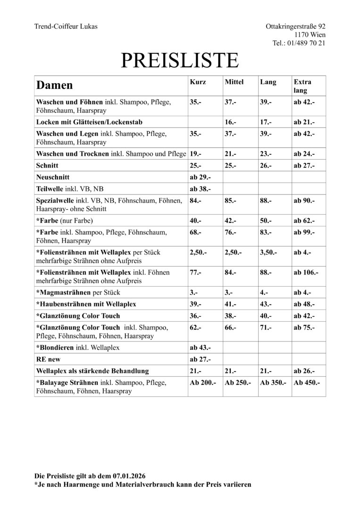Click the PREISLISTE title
(x=180, y=61)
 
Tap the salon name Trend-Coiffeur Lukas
(x=66, y=26)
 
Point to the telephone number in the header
(x=299, y=43)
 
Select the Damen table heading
(x=55, y=85)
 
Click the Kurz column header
(x=198, y=82)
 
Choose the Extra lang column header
(x=302, y=86)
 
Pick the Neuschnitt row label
(x=53, y=177)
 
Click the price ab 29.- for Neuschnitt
(x=200, y=177)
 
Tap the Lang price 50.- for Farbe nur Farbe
(x=266, y=221)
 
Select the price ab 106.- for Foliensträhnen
(x=306, y=272)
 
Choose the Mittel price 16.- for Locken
(x=230, y=122)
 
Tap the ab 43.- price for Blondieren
(x=200, y=348)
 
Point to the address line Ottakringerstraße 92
(x=295, y=26)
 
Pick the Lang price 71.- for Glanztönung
(x=266, y=327)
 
